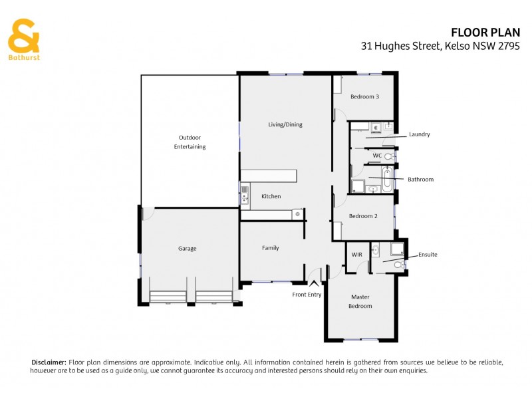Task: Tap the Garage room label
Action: tap(187, 249)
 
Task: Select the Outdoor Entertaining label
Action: tap(190, 142)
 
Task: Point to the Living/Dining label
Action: tap(285, 124)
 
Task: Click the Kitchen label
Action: tap(271, 196)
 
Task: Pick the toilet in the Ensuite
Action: tap(398, 265)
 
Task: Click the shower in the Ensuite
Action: tap(396, 249)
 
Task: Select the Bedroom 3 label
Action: tap(364, 96)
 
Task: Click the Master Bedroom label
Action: tap(360, 301)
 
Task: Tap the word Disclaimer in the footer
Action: tap(49, 362)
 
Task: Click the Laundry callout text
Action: tap(419, 134)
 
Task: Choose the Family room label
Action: tap(270, 248)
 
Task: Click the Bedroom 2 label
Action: tap(363, 215)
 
